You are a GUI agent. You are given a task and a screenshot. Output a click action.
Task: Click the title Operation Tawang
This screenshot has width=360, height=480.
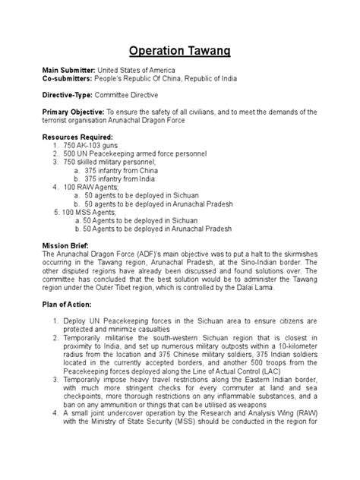[x=179, y=51]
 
